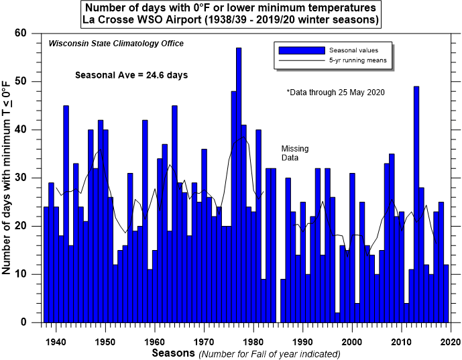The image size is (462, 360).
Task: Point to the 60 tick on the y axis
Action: click(29, 34)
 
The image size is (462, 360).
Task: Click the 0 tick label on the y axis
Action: click(32, 322)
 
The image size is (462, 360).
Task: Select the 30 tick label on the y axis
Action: click(29, 178)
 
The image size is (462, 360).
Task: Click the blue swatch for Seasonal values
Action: click(300, 50)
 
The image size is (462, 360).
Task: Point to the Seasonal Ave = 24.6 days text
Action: click(131, 75)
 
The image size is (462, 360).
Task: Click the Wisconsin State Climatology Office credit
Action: click(116, 44)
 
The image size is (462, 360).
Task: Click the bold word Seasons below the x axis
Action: click(173, 352)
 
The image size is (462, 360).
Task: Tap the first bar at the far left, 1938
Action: click(46, 265)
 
